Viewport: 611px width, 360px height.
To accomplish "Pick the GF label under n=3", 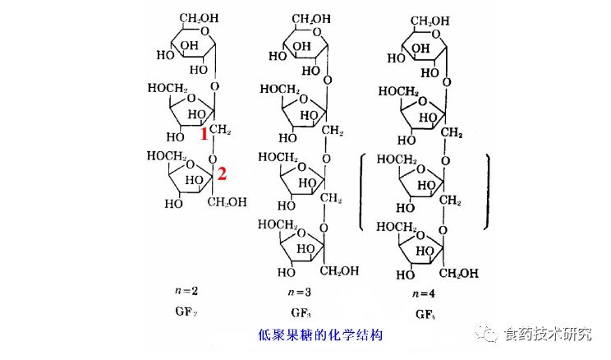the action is click(x=301, y=314).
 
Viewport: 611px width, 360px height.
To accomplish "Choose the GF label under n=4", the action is click(x=424, y=314).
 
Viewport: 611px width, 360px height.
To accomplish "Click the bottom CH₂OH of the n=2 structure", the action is click(x=227, y=201).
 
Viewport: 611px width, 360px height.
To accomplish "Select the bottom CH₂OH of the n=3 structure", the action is click(x=338, y=271).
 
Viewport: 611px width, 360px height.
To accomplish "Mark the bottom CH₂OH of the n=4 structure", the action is click(x=461, y=272).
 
